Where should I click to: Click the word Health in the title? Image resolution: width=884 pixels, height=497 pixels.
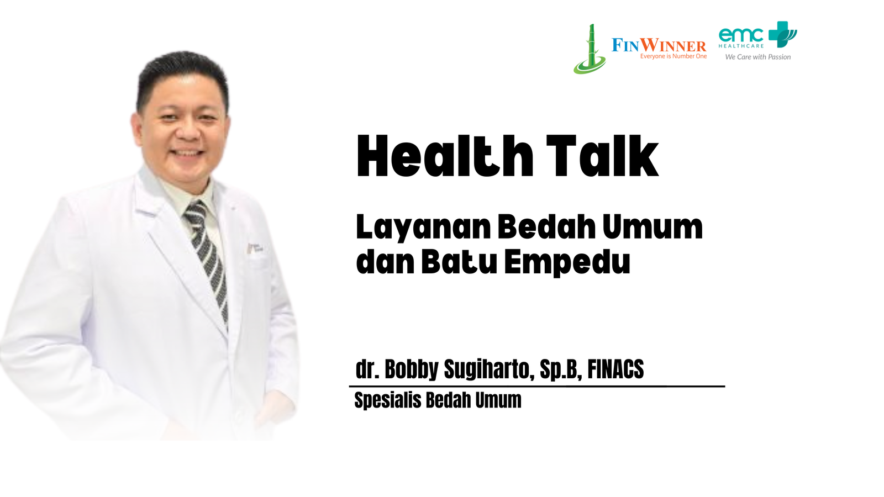click(445, 156)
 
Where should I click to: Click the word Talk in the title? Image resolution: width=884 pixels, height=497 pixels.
click(602, 156)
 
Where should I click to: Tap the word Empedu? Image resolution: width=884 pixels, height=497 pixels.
click(567, 262)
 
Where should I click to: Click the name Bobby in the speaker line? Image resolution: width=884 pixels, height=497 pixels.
click(411, 369)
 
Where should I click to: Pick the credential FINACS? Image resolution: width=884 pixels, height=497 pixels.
click(615, 369)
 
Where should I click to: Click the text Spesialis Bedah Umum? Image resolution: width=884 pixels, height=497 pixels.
click(438, 400)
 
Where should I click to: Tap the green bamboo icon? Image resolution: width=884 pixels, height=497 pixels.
click(590, 49)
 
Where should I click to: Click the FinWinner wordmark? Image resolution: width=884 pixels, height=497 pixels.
click(659, 45)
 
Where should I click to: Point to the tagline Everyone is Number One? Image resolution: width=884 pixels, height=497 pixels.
click(673, 56)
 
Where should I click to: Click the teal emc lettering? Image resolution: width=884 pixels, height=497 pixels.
click(741, 35)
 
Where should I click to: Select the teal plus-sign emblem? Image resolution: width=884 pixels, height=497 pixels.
click(782, 34)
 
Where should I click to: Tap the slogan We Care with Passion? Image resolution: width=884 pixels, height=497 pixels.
click(757, 57)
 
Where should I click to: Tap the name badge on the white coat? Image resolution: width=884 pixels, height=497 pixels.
click(255, 248)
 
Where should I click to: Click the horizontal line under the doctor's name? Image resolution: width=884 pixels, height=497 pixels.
click(537, 386)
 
